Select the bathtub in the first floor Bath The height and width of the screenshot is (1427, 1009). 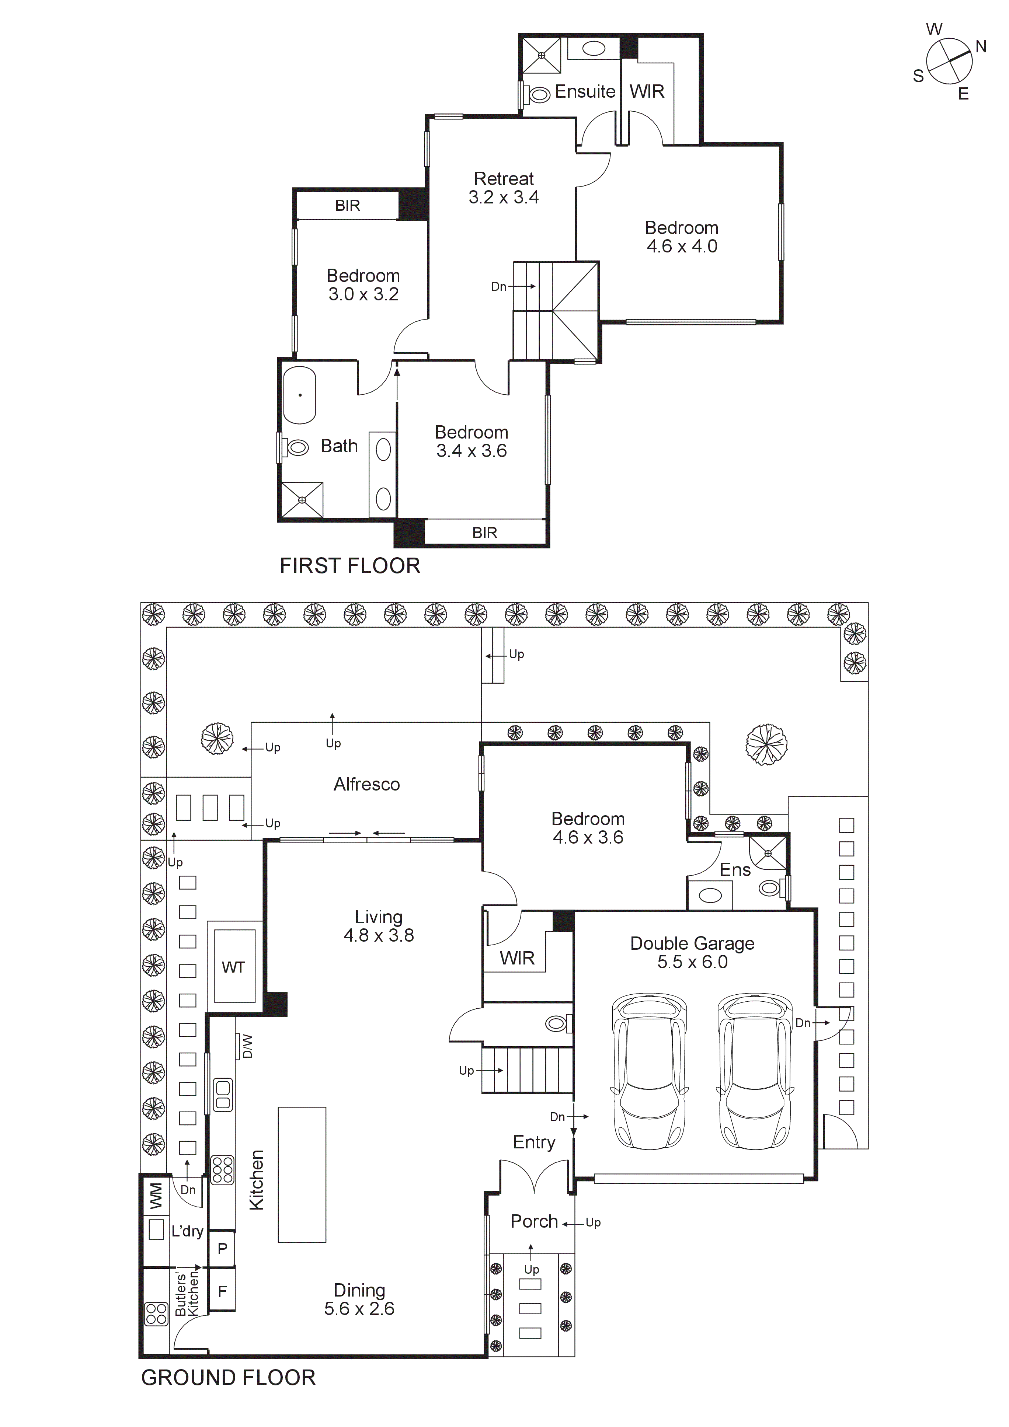[x=300, y=395]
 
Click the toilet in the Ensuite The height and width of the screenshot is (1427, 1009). [x=538, y=94]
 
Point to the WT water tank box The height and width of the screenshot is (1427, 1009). [x=234, y=967]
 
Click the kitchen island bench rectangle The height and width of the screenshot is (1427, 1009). [x=302, y=1174]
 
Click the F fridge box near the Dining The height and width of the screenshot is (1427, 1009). [x=222, y=1291]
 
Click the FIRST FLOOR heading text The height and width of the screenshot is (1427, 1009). [x=350, y=566]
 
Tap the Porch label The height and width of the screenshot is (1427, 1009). [x=534, y=1221]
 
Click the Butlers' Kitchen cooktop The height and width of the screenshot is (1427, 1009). [x=156, y=1315]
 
